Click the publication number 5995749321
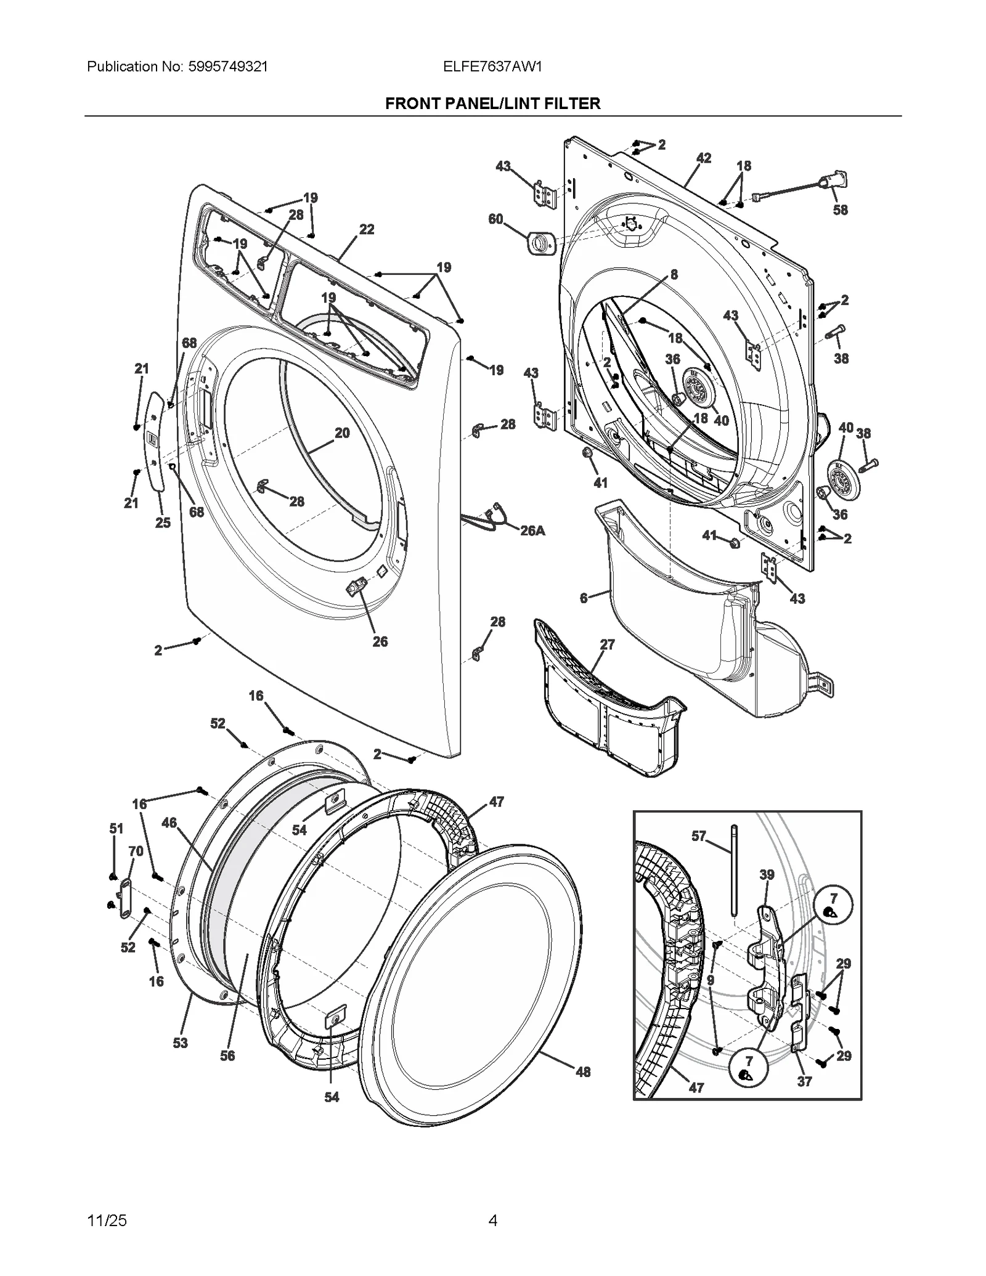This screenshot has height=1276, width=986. pyautogui.click(x=226, y=67)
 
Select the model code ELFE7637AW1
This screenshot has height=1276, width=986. pyautogui.click(x=492, y=67)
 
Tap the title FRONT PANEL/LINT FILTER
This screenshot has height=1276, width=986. pyautogui.click(x=492, y=104)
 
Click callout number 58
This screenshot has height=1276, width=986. pyautogui.click(x=840, y=210)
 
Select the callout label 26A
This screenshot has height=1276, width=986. pyautogui.click(x=532, y=530)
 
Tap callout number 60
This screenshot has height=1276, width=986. pyautogui.click(x=495, y=219)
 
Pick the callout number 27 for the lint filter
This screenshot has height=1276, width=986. pyautogui.click(x=607, y=644)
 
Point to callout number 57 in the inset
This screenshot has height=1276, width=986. pyautogui.click(x=698, y=836)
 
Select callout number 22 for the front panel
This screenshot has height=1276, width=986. pyautogui.click(x=367, y=229)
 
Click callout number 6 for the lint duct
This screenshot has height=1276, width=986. pyautogui.click(x=583, y=598)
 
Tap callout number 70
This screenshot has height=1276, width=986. pyautogui.click(x=136, y=851)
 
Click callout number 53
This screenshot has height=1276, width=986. pyautogui.click(x=180, y=1043)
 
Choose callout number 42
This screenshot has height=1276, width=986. pyautogui.click(x=704, y=158)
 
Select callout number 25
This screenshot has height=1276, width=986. pyautogui.click(x=163, y=522)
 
